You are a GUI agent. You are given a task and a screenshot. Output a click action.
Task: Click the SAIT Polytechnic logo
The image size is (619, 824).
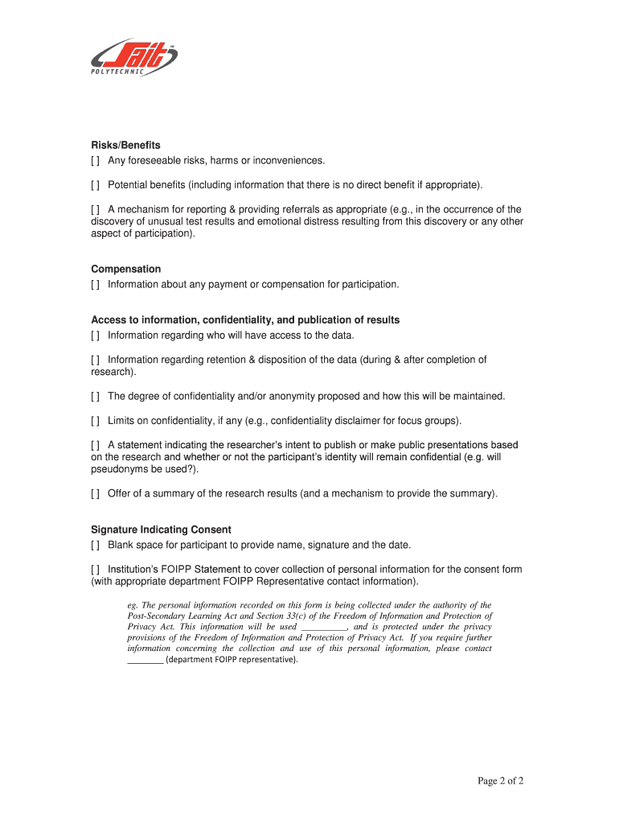(x=133, y=58)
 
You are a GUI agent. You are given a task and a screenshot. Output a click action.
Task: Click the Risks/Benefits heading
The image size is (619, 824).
(x=125, y=146)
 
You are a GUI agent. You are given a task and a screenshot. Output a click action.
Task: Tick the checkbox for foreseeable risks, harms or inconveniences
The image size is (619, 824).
(x=96, y=161)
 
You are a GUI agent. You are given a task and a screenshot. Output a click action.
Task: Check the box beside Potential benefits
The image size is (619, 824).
(x=96, y=186)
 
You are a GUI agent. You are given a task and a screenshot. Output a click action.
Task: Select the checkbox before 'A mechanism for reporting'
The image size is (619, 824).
(x=96, y=209)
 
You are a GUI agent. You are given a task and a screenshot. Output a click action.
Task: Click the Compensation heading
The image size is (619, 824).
(x=125, y=269)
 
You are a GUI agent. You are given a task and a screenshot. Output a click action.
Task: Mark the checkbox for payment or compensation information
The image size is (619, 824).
(x=96, y=284)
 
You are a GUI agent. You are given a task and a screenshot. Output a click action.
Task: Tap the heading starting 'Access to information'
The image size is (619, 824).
(x=245, y=320)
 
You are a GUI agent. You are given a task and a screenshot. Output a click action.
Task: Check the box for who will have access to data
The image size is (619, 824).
(x=96, y=336)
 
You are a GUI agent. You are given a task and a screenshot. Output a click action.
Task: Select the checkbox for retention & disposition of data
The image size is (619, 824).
(x=96, y=360)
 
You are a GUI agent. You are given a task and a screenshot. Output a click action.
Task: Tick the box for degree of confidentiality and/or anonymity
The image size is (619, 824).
(x=96, y=396)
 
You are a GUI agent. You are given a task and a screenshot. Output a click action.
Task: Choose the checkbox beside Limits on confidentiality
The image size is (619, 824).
(x=96, y=421)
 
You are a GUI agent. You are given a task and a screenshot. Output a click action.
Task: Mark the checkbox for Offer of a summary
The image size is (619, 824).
(x=96, y=493)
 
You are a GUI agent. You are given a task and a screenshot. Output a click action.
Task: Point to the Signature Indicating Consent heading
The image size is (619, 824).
(x=161, y=529)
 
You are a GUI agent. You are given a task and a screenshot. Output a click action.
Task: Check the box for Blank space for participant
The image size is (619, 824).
(x=96, y=545)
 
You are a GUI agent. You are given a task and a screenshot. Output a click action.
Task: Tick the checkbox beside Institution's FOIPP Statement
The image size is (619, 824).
(x=96, y=569)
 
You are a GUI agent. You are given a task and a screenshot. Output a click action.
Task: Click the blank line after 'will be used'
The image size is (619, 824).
(x=324, y=627)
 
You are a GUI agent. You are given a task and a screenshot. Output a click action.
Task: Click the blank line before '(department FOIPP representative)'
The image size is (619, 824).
(x=145, y=660)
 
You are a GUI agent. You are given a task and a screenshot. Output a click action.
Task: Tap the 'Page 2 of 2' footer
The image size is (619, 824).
(x=501, y=781)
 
